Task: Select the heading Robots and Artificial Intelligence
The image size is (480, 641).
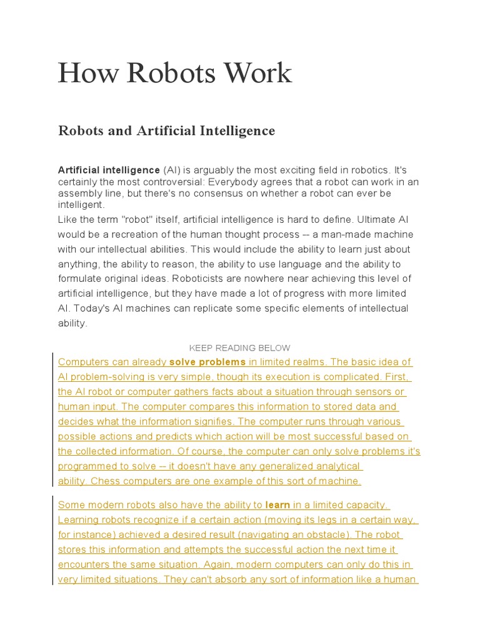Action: point(166,131)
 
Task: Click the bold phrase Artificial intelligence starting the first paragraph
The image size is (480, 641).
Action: point(109,170)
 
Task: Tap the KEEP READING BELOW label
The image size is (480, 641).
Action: point(239,348)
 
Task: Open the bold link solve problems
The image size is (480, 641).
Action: point(207,362)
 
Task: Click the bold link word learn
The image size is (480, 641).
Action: point(277,505)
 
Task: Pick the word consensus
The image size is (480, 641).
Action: point(245,193)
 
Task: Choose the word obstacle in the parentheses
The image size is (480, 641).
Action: point(331,535)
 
